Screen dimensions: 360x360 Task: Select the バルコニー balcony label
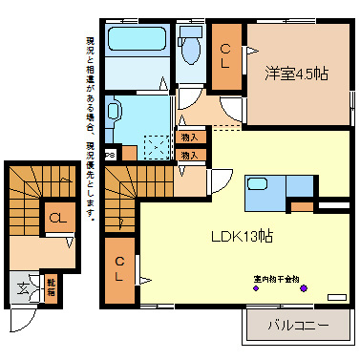pyautogui.click(x=297, y=326)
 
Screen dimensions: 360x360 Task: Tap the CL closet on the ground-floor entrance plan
pyautogui.click(x=56, y=218)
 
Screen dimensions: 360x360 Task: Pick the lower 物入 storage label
pyautogui.click(x=189, y=155)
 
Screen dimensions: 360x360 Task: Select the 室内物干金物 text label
pyautogui.click(x=276, y=279)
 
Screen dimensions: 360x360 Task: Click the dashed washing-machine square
pyautogui.click(x=154, y=145)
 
